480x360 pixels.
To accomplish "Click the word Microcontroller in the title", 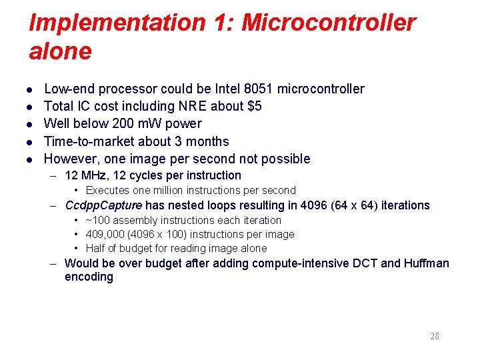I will [328, 23].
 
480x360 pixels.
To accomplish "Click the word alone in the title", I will [60, 51].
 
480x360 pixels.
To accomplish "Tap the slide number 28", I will [434, 336].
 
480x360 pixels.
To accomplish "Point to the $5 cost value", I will [253, 106].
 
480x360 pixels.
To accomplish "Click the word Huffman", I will [425, 263].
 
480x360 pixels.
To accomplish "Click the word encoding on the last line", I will [89, 277].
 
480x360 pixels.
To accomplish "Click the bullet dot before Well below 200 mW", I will [31, 124].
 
